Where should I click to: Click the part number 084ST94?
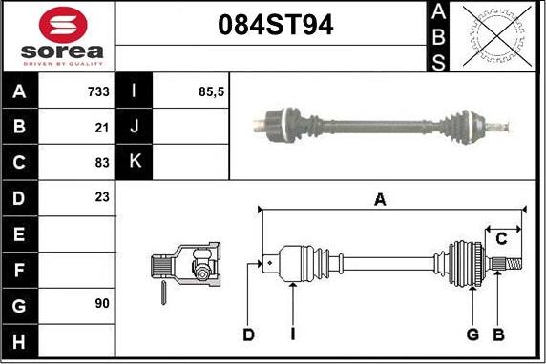pyautogui.click(x=276, y=25)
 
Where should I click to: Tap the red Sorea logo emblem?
pyautogui.click(x=63, y=25)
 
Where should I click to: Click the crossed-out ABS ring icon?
pyautogui.click(x=496, y=36)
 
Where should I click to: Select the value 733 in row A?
pyautogui.click(x=98, y=91)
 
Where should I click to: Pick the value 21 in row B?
pyautogui.click(x=102, y=128)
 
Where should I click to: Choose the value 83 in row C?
pyautogui.click(x=102, y=162)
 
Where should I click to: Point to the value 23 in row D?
pyautogui.click(x=102, y=197)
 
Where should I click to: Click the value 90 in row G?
pyautogui.click(x=102, y=303)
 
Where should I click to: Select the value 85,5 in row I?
pyautogui.click(x=211, y=92)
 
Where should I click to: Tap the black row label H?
pyautogui.click(x=19, y=342)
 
